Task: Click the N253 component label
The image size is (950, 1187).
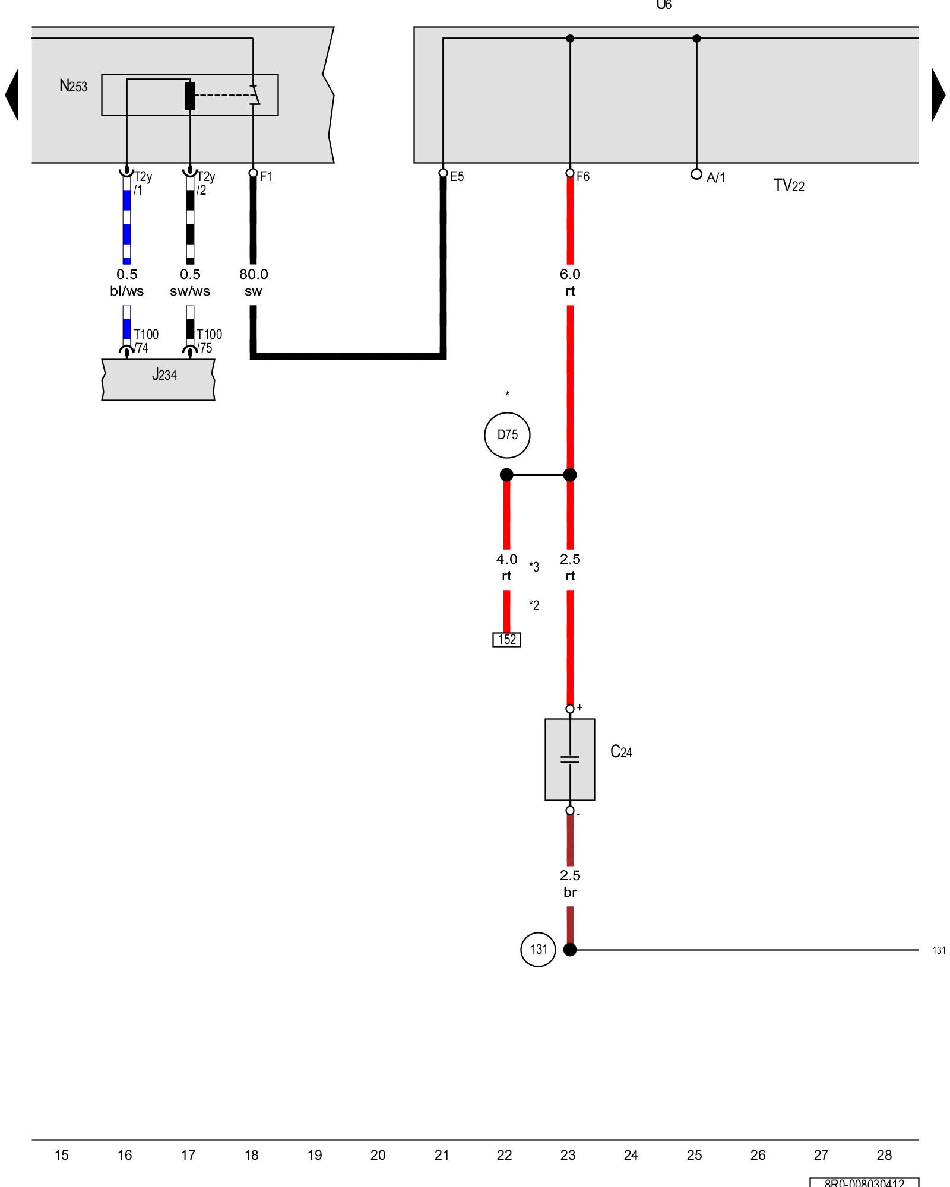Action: pos(73,86)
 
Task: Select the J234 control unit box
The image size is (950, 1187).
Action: pos(158,379)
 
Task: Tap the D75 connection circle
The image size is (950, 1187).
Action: pos(507,435)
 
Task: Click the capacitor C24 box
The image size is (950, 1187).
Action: pos(569,759)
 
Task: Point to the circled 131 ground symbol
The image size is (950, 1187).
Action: pos(538,949)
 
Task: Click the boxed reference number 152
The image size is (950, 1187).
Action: pos(506,639)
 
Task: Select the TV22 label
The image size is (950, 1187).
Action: pos(788,186)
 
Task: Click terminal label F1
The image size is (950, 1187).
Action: pos(266,176)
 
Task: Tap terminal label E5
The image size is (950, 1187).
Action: pos(457,176)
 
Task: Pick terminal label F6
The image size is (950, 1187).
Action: pos(583,176)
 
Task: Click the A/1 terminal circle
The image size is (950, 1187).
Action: pos(696,174)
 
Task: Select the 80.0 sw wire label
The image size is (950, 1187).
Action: pos(254,283)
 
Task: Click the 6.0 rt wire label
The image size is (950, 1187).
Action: pos(570,283)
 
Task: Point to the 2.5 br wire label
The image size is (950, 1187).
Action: pos(570,884)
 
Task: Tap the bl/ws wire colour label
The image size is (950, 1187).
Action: pos(126,291)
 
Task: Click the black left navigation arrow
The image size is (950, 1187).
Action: pos(12,95)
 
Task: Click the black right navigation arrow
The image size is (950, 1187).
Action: pos(938,95)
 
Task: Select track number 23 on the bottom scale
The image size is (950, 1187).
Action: pos(568,1155)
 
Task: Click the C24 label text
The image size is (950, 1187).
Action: pos(621,752)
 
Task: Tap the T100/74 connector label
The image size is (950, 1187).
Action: pos(145,341)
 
